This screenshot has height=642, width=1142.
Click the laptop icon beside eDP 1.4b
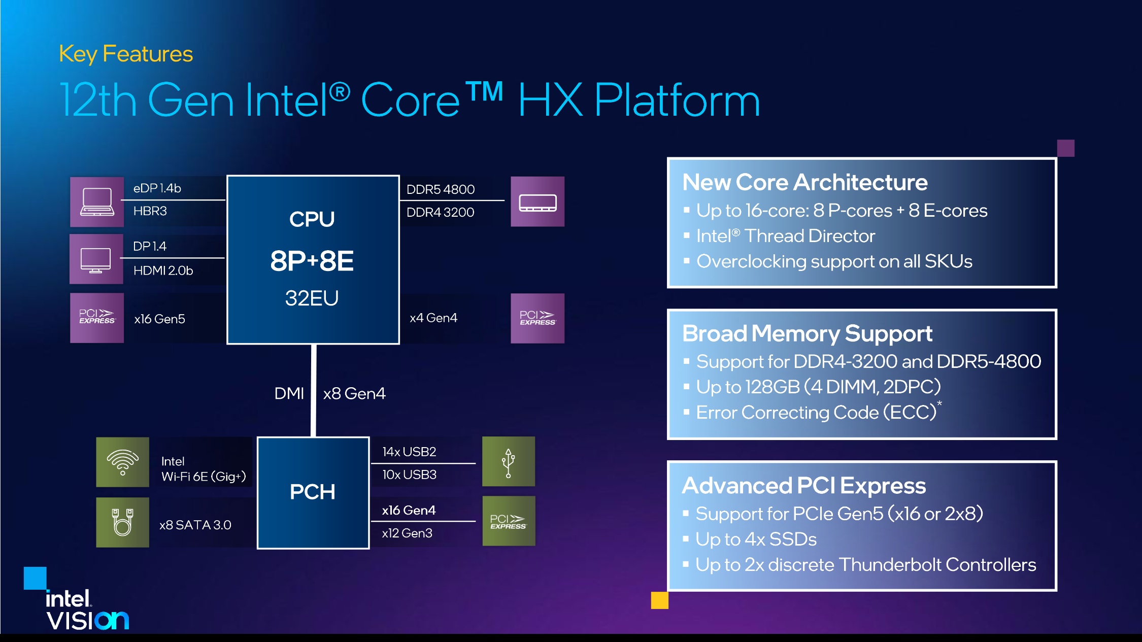[97, 201]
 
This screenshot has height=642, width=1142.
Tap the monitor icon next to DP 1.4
[96, 259]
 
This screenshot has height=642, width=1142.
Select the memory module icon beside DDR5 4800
[538, 201]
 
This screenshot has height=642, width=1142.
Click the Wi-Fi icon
[122, 462]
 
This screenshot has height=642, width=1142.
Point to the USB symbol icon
[508, 462]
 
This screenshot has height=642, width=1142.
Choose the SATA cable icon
[122, 522]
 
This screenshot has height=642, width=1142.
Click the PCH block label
[313, 492]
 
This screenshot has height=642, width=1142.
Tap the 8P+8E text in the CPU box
[312, 261]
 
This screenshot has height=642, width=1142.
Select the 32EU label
[312, 298]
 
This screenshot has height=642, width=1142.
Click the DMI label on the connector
[289, 393]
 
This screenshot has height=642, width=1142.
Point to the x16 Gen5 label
[159, 319]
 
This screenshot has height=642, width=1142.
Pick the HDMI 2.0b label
[163, 271]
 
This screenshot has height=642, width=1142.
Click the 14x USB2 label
[409, 452]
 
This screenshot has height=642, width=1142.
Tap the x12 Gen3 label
[407, 533]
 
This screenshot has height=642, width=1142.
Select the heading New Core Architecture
[805, 182]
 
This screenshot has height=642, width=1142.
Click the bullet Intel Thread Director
[786, 236]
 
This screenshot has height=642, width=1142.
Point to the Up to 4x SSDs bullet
[756, 539]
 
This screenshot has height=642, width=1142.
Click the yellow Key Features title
[126, 54]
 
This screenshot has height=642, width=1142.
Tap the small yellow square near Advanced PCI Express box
[659, 600]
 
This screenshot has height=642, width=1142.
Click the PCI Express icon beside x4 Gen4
[538, 318]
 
